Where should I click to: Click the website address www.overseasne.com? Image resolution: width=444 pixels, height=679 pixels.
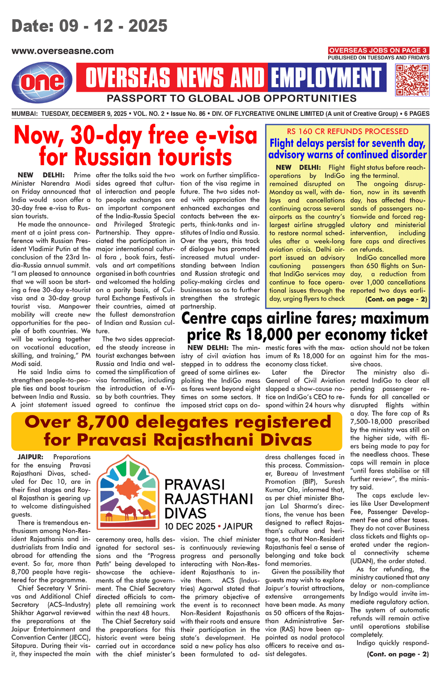tap(63, 51)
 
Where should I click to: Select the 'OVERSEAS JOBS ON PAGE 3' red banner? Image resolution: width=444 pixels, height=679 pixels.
tap(378, 51)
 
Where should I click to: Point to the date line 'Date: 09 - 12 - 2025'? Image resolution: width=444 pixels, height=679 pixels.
tap(89, 26)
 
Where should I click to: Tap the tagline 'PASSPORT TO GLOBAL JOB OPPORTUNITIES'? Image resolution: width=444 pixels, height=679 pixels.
tap(232, 98)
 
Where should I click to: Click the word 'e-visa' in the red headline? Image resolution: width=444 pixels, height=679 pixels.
tap(222, 135)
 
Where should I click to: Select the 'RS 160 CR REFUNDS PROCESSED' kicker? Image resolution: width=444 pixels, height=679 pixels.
tap(347, 131)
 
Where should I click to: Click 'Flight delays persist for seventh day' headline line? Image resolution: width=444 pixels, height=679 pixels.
tap(347, 143)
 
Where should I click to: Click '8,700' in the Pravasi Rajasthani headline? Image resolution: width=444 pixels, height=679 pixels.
tap(104, 422)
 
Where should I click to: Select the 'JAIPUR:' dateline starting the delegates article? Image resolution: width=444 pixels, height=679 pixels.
tap(30, 457)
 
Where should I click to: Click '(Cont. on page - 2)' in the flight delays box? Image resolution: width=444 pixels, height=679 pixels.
tap(396, 299)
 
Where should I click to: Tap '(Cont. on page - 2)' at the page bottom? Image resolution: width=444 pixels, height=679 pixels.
tap(397, 654)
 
